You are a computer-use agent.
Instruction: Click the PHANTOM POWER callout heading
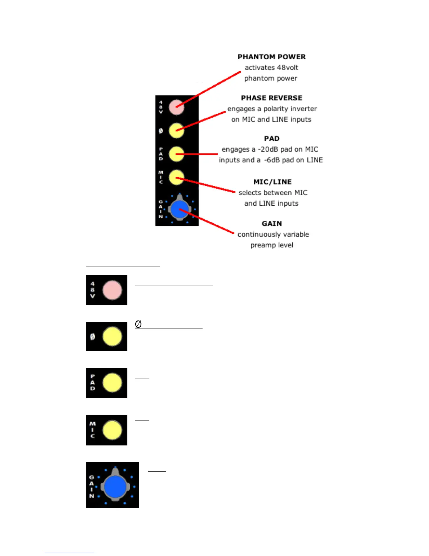[272, 57]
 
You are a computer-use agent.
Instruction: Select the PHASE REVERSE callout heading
[272, 98]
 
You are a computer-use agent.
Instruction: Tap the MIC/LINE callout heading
[272, 182]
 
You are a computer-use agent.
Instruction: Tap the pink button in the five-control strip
[176, 107]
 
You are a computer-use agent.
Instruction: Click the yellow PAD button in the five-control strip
[176, 154]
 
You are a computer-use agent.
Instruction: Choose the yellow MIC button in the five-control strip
[176, 177]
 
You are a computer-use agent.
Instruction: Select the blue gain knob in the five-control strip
[179, 210]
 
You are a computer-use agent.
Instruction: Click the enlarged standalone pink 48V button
[112, 290]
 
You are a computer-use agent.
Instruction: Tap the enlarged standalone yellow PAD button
[112, 383]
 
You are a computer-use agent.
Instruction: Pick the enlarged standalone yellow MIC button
[112, 430]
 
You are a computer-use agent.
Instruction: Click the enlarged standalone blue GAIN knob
[115, 486]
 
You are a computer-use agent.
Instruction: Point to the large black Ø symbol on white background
[138, 324]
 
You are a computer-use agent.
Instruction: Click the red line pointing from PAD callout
[200, 154]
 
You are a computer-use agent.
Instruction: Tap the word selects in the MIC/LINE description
[250, 193]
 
